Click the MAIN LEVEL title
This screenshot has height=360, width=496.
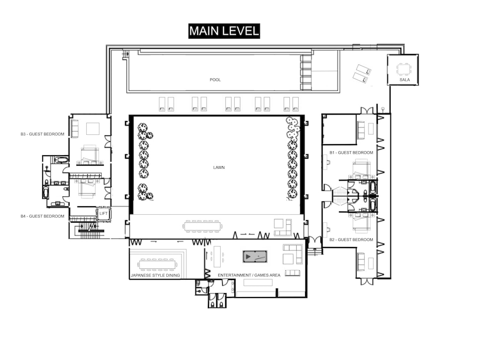224,31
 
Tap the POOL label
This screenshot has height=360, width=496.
215,80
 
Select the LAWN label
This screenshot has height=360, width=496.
219,167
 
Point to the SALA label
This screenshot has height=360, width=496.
405,80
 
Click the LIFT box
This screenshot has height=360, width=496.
104,214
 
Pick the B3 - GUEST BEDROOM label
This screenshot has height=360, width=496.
42,134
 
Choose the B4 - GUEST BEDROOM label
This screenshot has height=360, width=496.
42,216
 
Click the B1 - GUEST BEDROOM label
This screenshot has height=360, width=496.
351,152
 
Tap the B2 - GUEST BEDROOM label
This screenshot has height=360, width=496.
351,240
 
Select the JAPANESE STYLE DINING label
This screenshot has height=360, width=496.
155,275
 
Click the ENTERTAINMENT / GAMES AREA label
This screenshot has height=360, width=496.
249,275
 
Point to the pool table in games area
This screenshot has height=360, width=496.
255,256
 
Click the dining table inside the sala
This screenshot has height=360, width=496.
403,69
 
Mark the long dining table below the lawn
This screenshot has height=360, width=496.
202,227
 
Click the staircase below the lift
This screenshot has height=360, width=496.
90,230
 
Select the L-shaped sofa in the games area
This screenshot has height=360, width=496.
293,254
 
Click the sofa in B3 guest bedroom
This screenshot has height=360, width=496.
75,128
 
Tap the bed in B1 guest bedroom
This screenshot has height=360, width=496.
361,169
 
